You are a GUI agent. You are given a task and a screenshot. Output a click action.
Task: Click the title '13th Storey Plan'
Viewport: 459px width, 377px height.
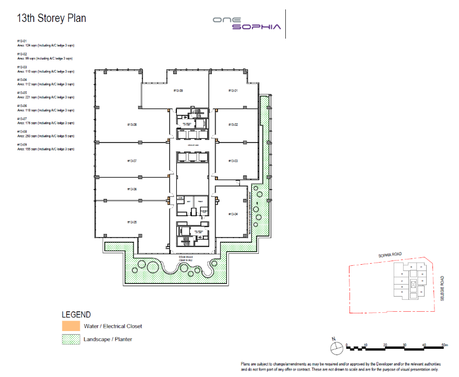pos(51,18)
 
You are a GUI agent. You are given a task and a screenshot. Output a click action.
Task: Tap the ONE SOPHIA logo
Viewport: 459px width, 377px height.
pos(247,23)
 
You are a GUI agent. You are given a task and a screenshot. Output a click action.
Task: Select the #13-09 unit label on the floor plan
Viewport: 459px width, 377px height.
pos(177,91)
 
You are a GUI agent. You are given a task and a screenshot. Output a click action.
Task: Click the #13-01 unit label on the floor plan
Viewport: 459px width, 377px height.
pos(233,91)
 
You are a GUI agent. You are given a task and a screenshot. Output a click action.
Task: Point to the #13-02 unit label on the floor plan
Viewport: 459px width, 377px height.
pos(233,125)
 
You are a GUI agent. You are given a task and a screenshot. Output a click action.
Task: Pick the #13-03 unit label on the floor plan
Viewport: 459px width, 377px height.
pos(233,161)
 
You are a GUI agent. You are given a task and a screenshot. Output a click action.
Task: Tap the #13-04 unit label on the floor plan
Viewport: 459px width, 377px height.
pos(233,214)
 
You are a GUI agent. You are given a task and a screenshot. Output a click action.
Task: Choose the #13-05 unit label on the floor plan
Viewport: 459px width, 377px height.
pos(131,222)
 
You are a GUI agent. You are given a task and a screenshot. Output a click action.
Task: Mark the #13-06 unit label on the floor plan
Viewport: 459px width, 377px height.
pos(131,189)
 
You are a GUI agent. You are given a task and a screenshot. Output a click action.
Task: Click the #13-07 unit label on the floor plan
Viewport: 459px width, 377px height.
pos(131,161)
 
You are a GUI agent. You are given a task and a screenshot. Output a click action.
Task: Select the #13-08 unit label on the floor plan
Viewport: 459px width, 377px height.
pos(131,125)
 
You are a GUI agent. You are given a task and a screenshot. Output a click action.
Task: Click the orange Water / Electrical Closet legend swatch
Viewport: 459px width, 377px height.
pos(71,326)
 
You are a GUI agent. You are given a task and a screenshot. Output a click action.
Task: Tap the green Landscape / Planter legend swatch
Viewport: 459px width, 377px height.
pos(71,339)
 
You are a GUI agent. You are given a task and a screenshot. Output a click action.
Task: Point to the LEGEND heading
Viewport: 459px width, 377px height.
pos(76,315)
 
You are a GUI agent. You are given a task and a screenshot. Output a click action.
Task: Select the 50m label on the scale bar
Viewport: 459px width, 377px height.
pos(444,345)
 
